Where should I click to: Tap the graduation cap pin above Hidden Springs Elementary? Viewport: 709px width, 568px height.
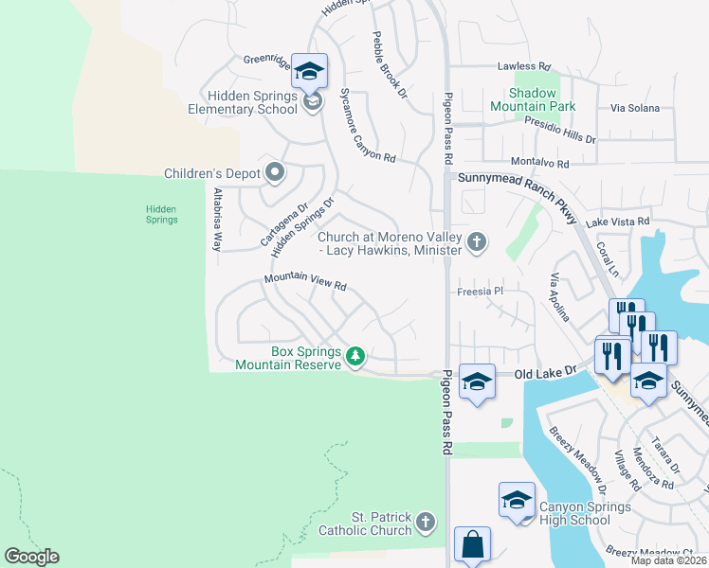point(309,72)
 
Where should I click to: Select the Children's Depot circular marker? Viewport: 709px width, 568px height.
point(275,172)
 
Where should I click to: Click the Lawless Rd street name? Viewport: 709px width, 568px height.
point(524,67)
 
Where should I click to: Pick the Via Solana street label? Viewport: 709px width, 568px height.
point(634,108)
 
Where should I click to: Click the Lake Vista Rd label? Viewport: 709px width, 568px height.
point(617,222)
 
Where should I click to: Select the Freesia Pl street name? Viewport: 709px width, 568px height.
point(478,292)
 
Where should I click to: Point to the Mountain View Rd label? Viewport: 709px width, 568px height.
point(305,281)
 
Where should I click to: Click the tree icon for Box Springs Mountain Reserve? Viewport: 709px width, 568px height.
point(355,357)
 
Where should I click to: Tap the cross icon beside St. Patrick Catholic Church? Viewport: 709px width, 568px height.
point(426,522)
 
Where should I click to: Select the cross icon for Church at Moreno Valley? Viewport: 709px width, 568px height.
point(477,242)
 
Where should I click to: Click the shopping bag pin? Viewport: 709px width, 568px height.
point(472,546)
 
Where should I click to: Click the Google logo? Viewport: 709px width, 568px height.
point(31,557)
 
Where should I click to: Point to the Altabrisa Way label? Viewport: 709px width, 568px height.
point(217,219)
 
